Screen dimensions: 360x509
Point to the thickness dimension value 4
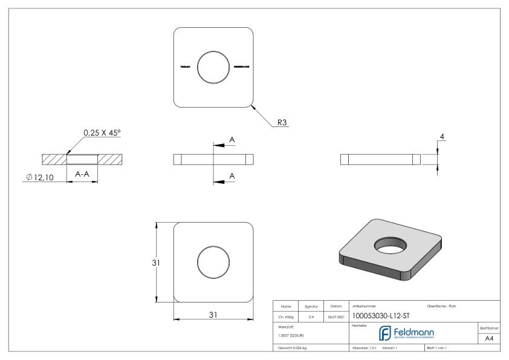(x=442, y=138)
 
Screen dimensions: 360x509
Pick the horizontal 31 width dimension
(x=213, y=315)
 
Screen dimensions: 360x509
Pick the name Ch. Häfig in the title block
(x=284, y=316)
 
